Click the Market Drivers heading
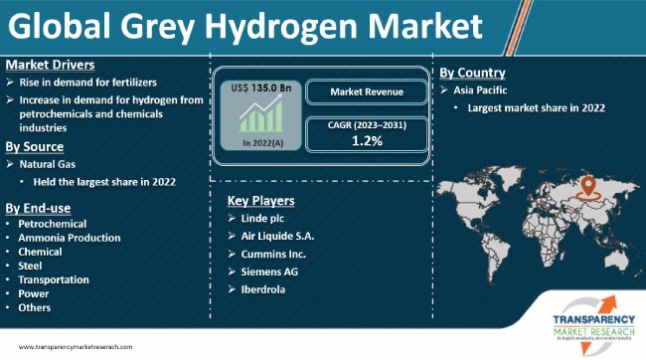tap(48, 65)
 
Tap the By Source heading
tap(37, 145)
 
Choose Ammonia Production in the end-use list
tap(69, 239)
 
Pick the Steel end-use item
tap(31, 267)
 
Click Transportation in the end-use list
tap(54, 280)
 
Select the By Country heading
tap(473, 73)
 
